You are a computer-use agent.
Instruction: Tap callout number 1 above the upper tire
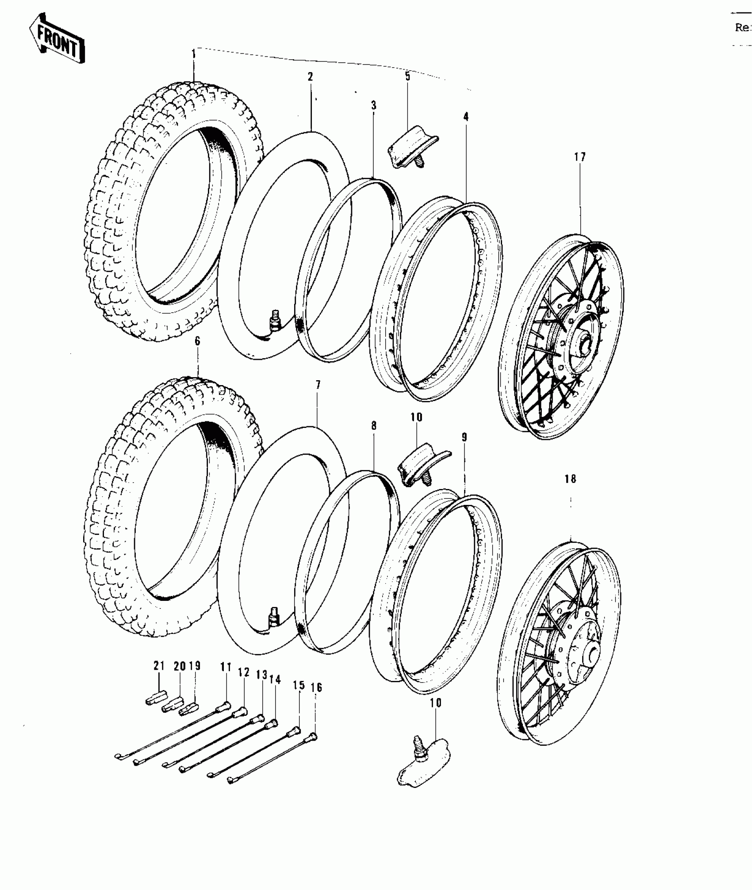193,55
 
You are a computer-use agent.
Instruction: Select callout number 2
311,76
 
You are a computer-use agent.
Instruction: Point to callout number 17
580,157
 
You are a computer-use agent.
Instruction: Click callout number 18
570,479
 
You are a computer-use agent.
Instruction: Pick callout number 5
407,76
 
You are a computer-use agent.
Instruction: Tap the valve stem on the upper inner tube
274,320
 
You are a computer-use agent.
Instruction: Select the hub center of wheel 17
585,342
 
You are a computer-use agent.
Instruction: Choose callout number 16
316,688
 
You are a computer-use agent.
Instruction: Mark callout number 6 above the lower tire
197,341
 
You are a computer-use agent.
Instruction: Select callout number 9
464,437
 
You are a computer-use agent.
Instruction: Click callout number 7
318,385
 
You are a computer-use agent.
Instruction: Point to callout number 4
466,117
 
